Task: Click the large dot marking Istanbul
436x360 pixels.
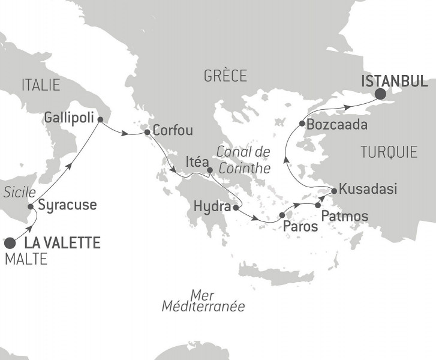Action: pyautogui.click(x=380, y=94)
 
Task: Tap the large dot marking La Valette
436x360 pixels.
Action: pyautogui.click(x=10, y=243)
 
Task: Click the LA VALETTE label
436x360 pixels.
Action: pyautogui.click(x=62, y=244)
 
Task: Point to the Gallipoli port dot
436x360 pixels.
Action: pyautogui.click(x=100, y=119)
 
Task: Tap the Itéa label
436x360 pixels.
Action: pyautogui.click(x=197, y=162)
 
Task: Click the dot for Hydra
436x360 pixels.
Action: pyautogui.click(x=235, y=208)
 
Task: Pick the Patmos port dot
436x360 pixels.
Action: pyautogui.click(x=318, y=205)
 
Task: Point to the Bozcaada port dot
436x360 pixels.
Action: pyautogui.click(x=301, y=125)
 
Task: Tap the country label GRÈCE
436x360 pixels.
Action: pyautogui.click(x=225, y=76)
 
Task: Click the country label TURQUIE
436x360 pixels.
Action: pyautogui.click(x=389, y=152)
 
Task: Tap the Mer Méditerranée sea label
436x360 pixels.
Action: pyautogui.click(x=203, y=300)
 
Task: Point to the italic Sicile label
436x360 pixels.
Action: pyautogui.click(x=16, y=192)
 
